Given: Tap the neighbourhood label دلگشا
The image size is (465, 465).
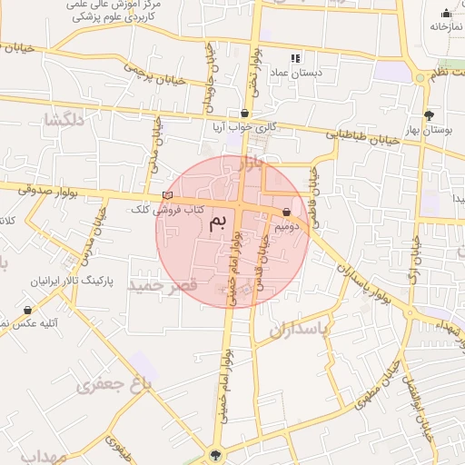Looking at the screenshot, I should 65,120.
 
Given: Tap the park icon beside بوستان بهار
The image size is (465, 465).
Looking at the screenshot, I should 429,115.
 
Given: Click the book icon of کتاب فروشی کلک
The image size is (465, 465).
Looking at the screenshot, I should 166,195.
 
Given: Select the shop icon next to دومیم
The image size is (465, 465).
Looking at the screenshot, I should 287,213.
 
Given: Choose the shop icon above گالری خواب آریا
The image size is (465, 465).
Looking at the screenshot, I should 244,114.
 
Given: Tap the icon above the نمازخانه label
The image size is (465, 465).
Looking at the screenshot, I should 445,13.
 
